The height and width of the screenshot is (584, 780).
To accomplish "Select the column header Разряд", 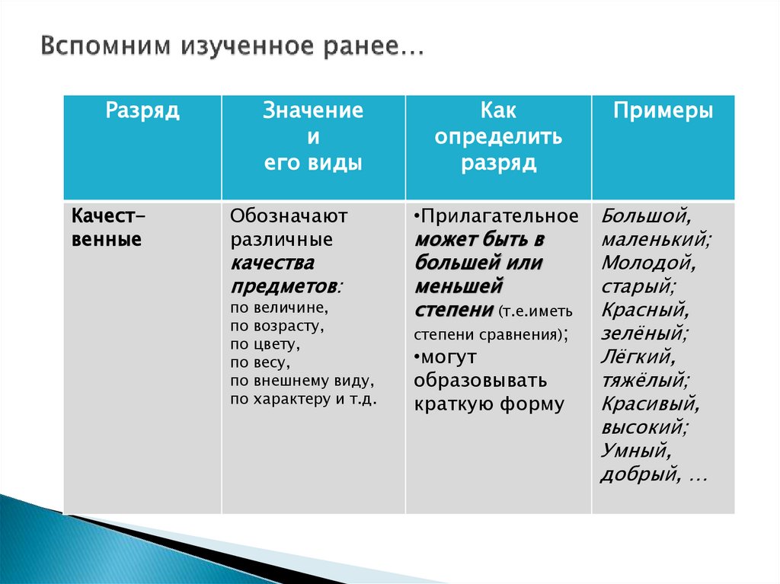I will [x=142, y=111].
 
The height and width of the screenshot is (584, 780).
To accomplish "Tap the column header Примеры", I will [x=663, y=111].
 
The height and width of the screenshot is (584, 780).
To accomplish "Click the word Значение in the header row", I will [x=313, y=111].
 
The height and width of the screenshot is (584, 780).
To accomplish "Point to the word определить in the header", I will [x=498, y=137].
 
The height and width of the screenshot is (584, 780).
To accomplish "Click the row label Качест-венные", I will [x=108, y=228].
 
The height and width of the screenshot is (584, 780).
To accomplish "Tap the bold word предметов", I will [x=284, y=286].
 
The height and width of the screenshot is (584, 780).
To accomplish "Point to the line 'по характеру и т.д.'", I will [x=303, y=399].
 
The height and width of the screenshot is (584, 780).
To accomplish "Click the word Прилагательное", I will [x=500, y=216].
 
